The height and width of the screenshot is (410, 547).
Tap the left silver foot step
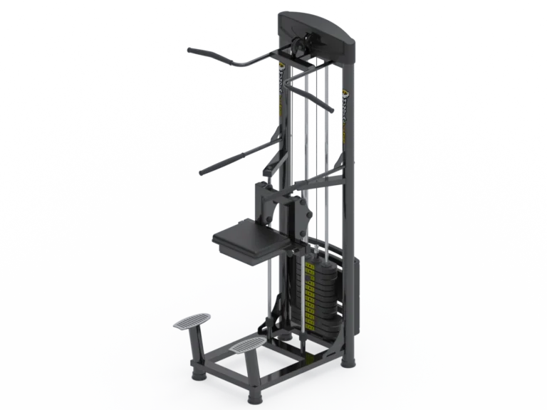pos(192,321)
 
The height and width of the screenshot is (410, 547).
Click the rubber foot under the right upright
pos(347,361)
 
